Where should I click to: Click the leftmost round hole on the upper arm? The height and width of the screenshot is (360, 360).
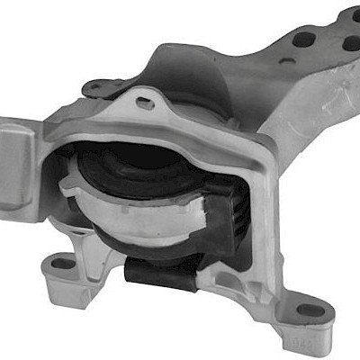point(304,40)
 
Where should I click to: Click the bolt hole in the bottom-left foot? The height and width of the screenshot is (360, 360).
point(62,265)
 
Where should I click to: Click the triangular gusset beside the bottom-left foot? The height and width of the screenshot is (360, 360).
point(90,252)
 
